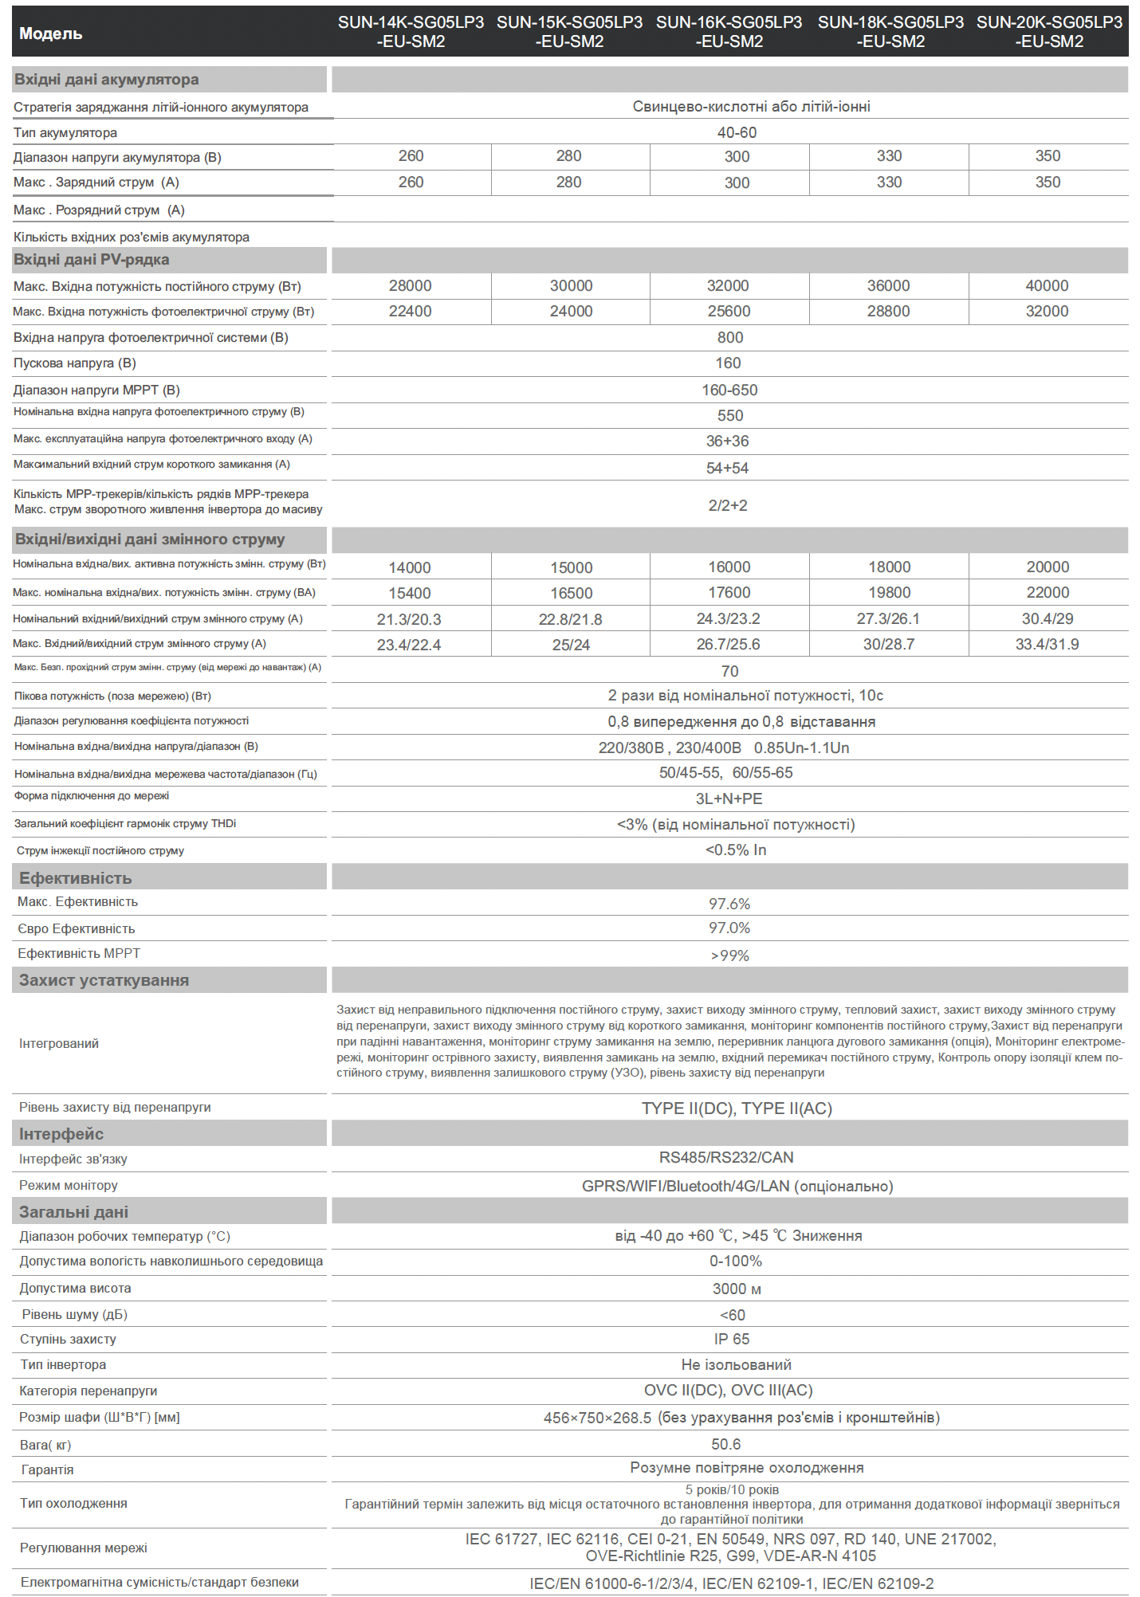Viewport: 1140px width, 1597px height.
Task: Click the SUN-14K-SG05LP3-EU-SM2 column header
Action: tap(411, 32)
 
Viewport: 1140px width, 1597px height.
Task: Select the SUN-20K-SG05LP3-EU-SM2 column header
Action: tap(1049, 32)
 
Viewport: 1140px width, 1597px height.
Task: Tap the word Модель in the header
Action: tap(51, 33)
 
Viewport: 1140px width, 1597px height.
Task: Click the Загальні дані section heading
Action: tap(73, 1211)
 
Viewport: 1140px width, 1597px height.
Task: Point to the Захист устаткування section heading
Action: tap(104, 980)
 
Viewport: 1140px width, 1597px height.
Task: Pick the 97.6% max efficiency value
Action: tap(729, 904)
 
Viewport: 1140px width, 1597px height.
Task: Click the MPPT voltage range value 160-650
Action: tap(729, 390)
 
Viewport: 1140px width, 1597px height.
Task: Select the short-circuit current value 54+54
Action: tap(727, 468)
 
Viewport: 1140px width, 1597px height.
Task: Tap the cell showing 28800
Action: tap(888, 312)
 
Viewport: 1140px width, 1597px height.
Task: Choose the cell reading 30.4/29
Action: tap(1048, 618)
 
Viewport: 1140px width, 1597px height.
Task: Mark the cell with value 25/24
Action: tap(571, 645)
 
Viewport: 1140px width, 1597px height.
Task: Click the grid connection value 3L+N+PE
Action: tap(729, 798)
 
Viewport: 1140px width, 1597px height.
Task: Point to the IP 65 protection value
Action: tap(732, 1339)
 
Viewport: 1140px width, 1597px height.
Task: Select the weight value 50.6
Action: tap(725, 1444)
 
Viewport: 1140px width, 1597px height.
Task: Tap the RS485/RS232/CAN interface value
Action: tap(726, 1157)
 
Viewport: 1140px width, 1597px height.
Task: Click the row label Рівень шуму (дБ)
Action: tap(75, 1314)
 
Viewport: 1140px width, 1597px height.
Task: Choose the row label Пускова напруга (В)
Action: tap(75, 363)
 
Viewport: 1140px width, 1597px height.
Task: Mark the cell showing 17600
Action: tap(729, 593)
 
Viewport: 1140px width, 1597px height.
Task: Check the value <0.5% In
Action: tap(735, 850)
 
